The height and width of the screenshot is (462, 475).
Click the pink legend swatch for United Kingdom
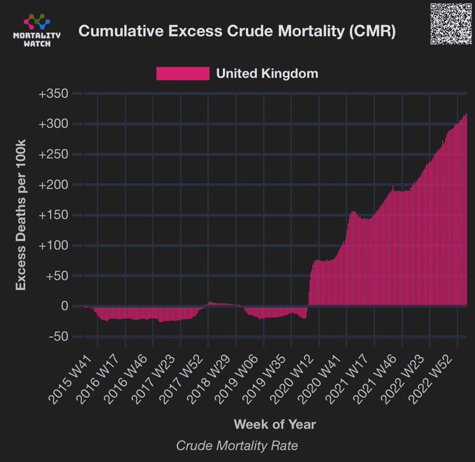coord(182,73)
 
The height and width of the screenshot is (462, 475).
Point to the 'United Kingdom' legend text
coord(267,73)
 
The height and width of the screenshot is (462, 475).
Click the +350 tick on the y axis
coord(53,94)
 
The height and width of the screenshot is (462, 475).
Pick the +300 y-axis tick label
coord(53,124)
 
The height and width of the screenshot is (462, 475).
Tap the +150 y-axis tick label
coord(53,215)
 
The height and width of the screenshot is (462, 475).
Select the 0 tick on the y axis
coord(64,306)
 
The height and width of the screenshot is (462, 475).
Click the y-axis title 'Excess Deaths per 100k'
coord(22,215)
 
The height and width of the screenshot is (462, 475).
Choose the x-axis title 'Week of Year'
coord(275,424)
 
